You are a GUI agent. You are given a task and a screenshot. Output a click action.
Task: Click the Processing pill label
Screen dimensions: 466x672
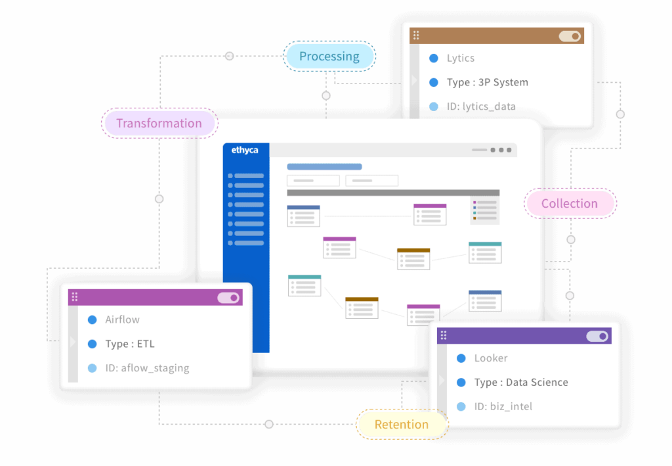[x=329, y=57]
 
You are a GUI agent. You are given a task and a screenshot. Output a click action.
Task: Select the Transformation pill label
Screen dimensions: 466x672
[x=159, y=123]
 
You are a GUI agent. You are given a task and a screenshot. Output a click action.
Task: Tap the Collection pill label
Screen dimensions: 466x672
[x=569, y=204]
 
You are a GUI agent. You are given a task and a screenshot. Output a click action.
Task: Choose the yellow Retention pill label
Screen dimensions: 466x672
[x=401, y=425]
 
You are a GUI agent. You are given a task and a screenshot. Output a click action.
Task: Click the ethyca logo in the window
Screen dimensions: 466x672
[x=245, y=151]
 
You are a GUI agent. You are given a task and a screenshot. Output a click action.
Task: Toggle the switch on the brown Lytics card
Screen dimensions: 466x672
[x=570, y=36]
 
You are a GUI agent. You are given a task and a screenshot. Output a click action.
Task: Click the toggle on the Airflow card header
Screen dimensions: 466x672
[x=228, y=298]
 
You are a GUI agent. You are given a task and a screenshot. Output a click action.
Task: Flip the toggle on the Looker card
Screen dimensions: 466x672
[x=597, y=337]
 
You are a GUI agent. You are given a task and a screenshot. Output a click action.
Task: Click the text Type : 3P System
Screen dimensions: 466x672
[x=487, y=82]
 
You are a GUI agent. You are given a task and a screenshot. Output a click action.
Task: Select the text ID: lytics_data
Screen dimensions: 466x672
[x=481, y=106]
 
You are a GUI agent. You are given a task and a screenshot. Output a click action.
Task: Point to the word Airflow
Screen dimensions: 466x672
[x=122, y=319]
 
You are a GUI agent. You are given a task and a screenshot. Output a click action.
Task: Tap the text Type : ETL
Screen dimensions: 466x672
[x=130, y=344]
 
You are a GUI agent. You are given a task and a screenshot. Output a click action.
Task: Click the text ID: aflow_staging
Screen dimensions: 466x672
[x=147, y=368]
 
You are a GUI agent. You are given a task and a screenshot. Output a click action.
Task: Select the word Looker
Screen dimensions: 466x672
[x=491, y=358]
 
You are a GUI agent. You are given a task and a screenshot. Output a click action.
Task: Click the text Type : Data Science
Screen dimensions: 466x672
[x=521, y=383]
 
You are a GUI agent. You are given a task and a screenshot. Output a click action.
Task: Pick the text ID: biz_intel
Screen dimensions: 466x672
[x=503, y=407]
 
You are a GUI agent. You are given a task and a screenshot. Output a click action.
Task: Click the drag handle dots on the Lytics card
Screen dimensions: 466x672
[x=416, y=35]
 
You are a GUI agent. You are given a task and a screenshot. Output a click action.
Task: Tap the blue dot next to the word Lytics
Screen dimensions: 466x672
[x=433, y=58]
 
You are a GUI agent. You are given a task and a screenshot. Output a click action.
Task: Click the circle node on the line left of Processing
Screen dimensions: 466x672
[x=229, y=57]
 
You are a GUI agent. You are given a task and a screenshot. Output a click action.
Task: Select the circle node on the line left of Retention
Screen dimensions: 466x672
[x=268, y=425]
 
